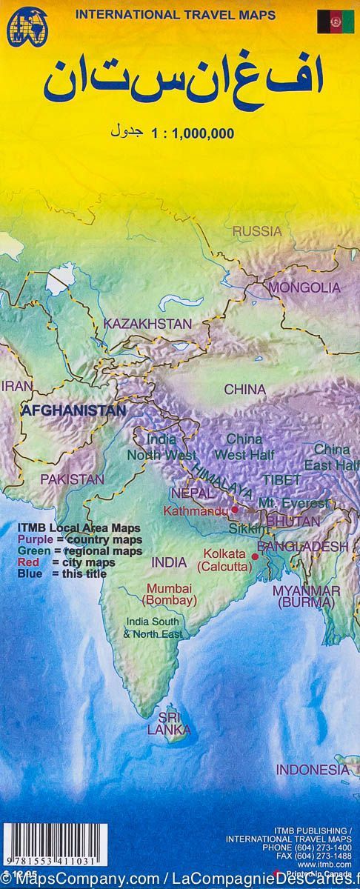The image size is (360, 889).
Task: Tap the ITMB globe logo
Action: point(23,28)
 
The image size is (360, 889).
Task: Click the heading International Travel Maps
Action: point(176,14)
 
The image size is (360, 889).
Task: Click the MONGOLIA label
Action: point(304,287)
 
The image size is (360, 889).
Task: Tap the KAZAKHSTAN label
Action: point(147,324)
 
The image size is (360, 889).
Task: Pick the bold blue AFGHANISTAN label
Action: point(73,410)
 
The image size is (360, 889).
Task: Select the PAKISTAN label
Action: point(72,479)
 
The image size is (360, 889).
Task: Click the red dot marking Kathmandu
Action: point(235,510)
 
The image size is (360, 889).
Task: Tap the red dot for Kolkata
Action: point(256,556)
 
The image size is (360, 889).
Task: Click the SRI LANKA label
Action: point(168,723)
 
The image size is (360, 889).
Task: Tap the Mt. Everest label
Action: point(293,504)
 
